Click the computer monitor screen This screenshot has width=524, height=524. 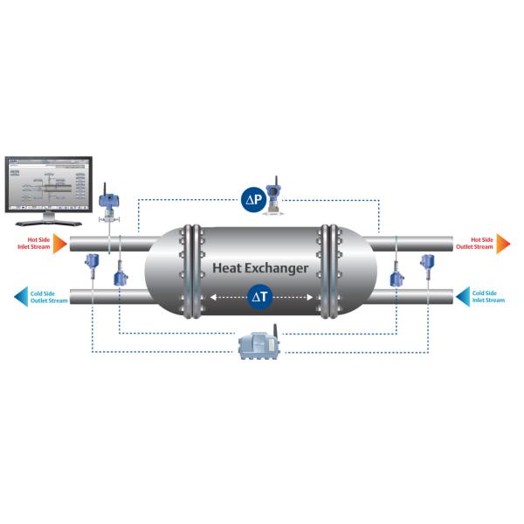(48, 183)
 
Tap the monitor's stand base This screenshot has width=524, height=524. (49, 217)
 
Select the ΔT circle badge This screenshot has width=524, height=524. (260, 297)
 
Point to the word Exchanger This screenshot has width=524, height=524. (279, 267)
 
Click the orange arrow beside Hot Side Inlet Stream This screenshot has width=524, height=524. (59, 243)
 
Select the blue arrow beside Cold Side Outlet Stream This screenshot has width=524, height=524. (20, 297)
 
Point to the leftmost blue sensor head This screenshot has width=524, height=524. (90, 261)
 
